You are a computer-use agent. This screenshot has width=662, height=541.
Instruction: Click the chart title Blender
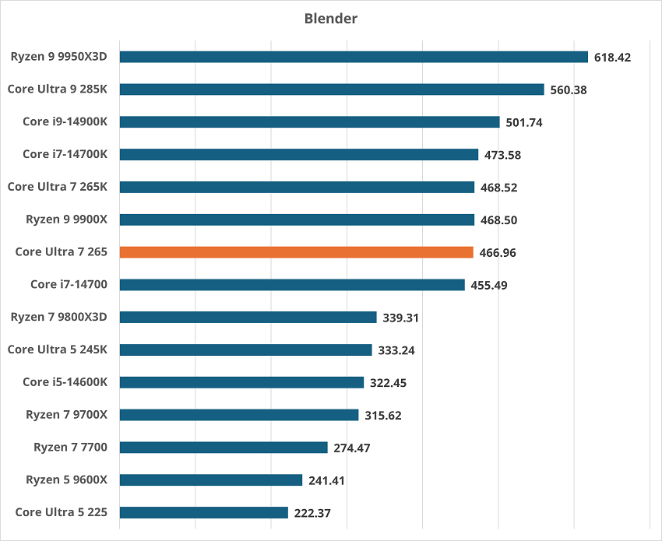tap(330, 18)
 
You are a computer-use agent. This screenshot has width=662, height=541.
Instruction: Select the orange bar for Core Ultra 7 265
tap(296, 252)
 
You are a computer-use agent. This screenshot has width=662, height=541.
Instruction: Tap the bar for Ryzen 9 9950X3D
tap(354, 57)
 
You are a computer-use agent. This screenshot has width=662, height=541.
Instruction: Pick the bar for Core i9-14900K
tap(309, 122)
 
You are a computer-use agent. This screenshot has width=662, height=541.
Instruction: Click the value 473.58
tap(502, 155)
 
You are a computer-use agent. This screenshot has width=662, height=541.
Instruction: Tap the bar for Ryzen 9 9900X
tap(297, 220)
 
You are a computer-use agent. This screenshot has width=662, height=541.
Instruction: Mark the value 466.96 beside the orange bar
tap(497, 252)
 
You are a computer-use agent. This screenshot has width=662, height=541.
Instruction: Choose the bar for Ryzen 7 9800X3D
tap(248, 317)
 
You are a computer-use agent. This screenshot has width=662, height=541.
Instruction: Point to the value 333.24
tap(396, 350)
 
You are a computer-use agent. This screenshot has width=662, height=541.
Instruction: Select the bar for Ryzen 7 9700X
tap(239, 415)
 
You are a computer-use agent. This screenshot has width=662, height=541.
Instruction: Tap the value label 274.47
tap(352, 448)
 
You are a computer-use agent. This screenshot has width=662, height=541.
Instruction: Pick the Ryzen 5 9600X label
tap(66, 480)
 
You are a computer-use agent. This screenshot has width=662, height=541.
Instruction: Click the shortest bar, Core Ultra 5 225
tap(204, 512)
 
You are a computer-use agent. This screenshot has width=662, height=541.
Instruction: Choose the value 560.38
tap(568, 90)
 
